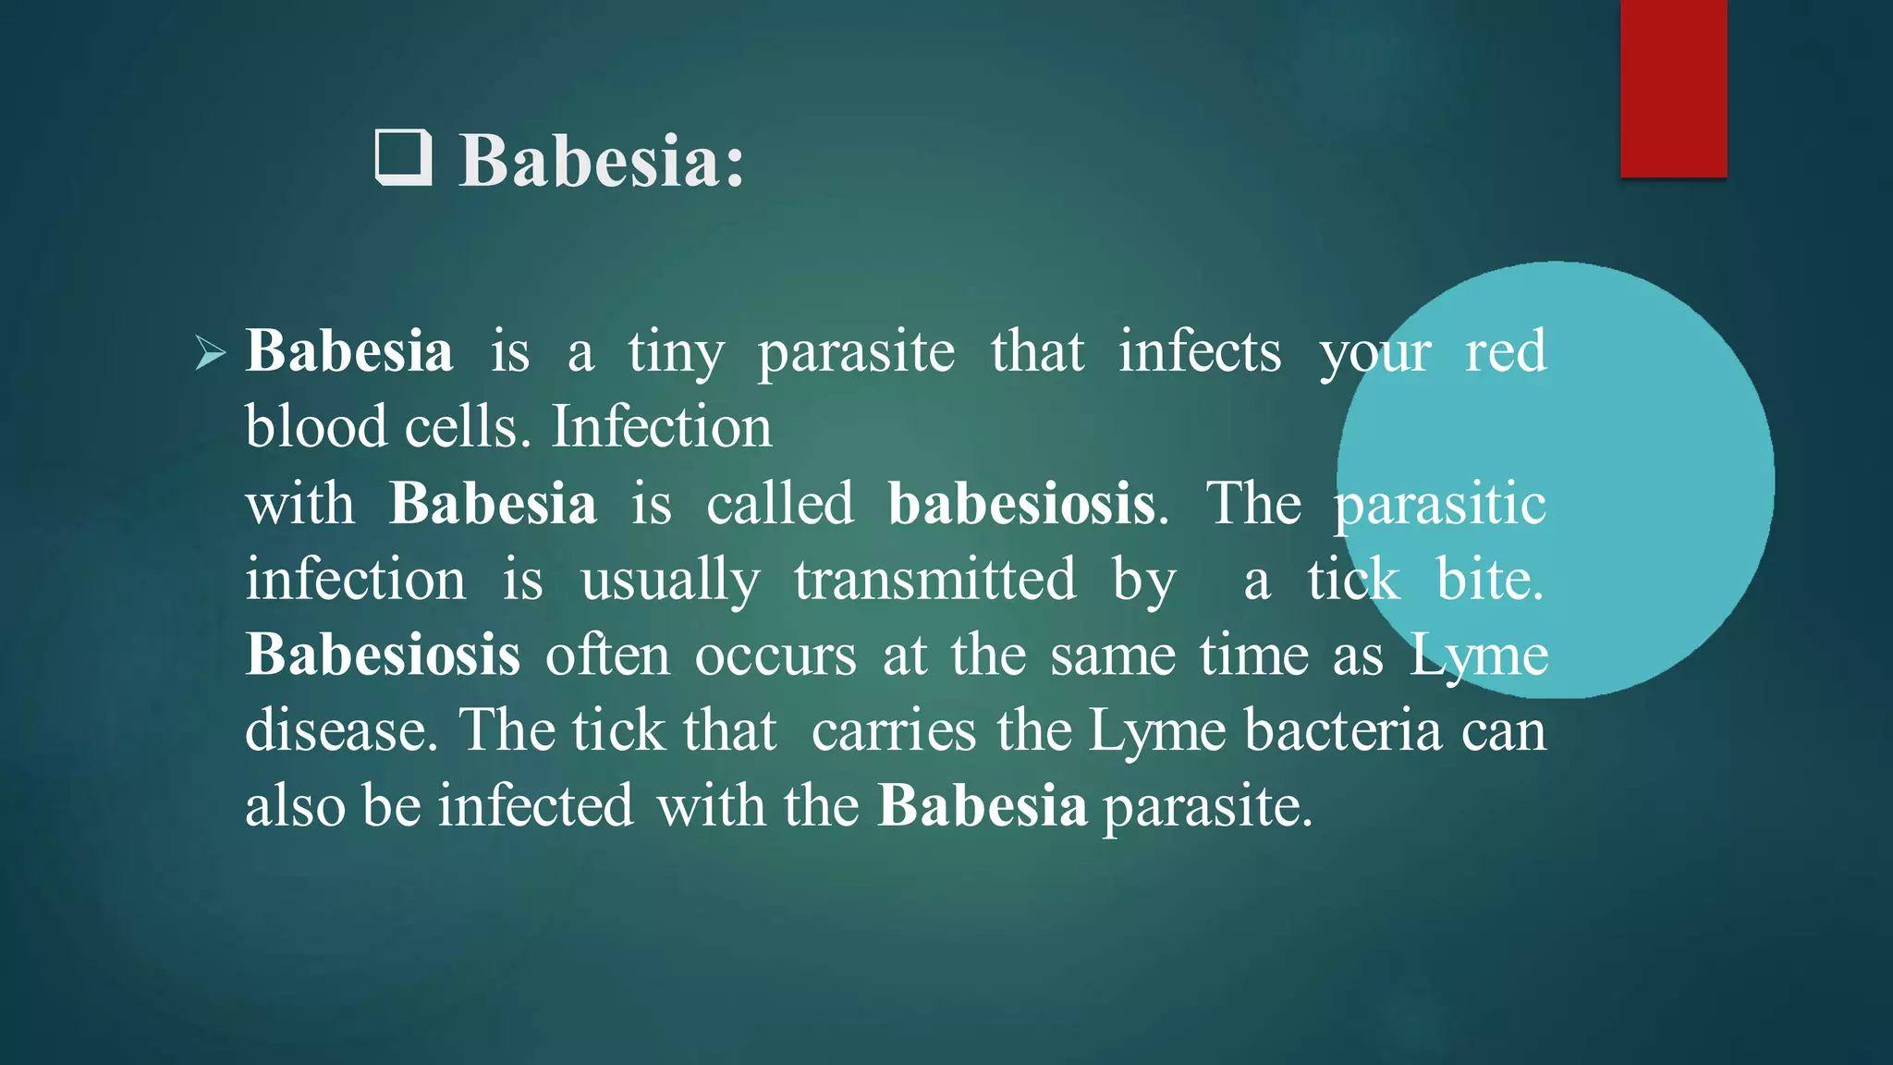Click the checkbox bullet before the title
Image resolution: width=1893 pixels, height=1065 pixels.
point(404,159)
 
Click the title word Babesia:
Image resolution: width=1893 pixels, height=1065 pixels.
point(602,161)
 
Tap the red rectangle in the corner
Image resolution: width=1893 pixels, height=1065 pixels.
point(1673,88)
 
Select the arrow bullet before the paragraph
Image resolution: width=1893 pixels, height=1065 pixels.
point(211,353)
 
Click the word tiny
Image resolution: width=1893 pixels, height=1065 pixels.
point(676,353)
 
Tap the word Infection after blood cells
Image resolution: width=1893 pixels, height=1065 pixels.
point(662,427)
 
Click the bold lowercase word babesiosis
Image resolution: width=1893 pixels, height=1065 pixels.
point(1022,504)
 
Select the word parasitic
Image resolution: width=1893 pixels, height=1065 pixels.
point(1440,504)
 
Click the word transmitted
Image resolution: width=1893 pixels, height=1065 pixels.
point(934,580)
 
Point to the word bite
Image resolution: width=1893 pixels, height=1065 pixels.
point(1489,580)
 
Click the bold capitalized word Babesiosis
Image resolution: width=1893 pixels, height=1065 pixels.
point(383,655)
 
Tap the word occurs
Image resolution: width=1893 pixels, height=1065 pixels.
point(776,656)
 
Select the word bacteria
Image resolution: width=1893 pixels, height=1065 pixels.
point(1343,730)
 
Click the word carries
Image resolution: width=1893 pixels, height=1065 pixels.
point(893,730)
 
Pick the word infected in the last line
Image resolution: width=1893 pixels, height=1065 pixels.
point(535,805)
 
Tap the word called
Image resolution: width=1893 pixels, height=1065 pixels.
point(780,504)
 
